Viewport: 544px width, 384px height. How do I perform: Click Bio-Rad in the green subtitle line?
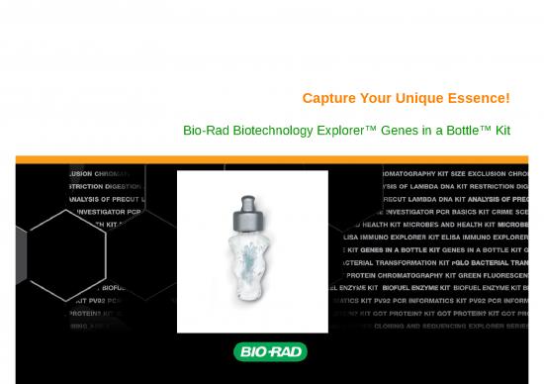click(x=205, y=131)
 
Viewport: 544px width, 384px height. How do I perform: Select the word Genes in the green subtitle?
click(x=403, y=131)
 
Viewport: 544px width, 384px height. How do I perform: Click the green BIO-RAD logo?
click(x=270, y=351)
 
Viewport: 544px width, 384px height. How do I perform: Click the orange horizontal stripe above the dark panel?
click(x=272, y=159)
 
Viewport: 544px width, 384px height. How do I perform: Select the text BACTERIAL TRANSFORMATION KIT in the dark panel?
click(x=396, y=262)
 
